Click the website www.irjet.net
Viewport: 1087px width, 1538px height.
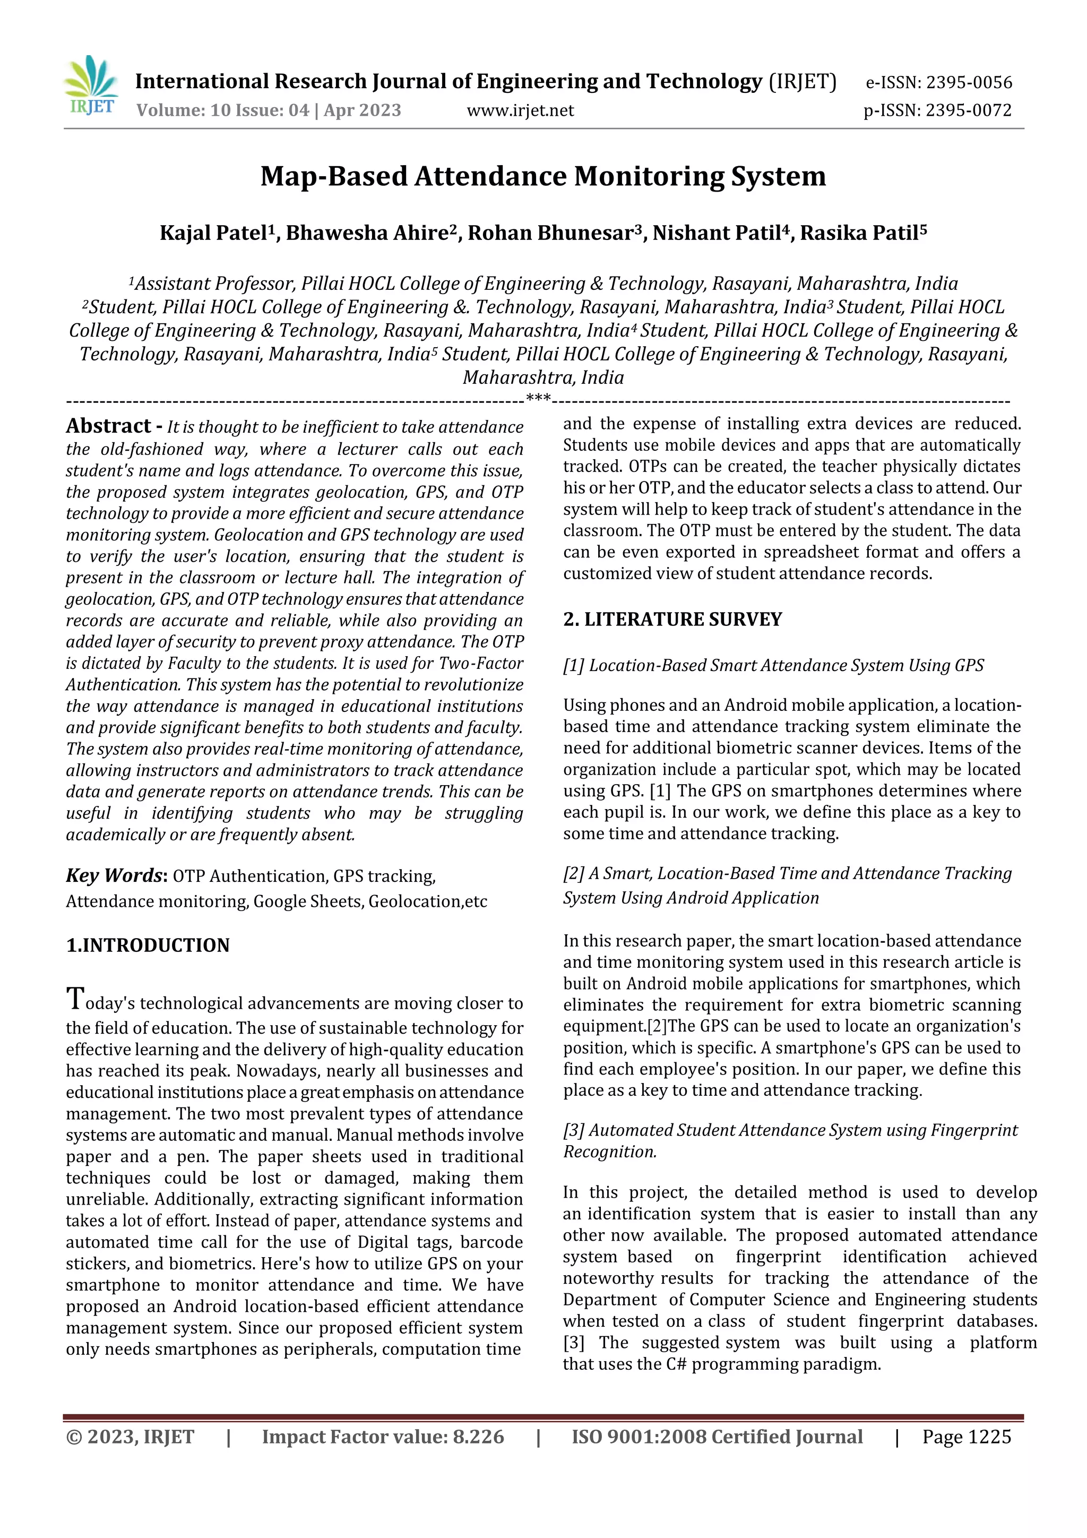pos(520,110)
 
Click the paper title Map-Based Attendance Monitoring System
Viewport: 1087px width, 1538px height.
pos(543,177)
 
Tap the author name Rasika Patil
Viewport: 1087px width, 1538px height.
pos(859,233)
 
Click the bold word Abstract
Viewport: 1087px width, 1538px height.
pos(108,426)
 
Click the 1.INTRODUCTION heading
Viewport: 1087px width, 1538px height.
pos(148,945)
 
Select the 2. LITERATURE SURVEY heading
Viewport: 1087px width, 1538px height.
pos(672,620)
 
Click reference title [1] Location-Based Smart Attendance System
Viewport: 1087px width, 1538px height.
pos(773,666)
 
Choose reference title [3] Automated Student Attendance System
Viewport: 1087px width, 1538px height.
pos(790,1131)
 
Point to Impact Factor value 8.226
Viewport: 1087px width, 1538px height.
pos(383,1437)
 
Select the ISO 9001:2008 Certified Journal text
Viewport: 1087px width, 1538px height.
pos(717,1437)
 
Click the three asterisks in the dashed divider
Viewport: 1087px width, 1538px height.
pos(538,399)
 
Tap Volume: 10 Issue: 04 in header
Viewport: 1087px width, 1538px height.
pos(222,110)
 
